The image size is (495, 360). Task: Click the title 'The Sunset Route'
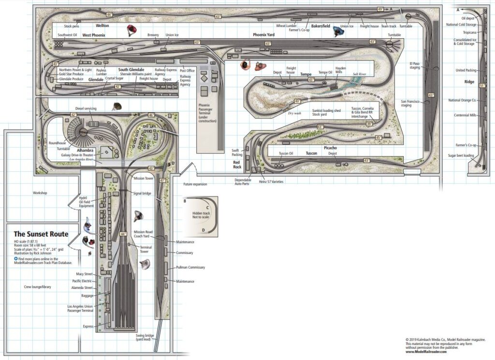click(41, 234)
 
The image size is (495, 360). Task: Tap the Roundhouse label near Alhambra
click(57, 143)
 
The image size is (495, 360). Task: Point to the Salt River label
click(360, 74)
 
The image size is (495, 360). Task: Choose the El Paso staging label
click(415, 65)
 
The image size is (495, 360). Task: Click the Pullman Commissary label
click(190, 267)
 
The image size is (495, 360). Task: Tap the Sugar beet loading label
click(461, 156)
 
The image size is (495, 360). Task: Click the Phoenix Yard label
click(264, 35)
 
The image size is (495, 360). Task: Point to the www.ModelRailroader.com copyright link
click(426, 352)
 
